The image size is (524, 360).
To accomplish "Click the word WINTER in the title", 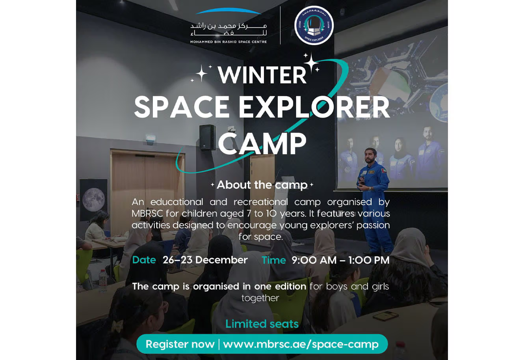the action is (262, 75).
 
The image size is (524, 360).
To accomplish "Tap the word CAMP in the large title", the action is (262, 143).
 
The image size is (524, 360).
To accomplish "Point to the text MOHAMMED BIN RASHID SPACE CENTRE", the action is (229, 42).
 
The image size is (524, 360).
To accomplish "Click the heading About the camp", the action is (262, 185).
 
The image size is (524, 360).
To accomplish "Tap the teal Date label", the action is (144, 260).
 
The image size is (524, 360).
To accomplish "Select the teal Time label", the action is (274, 260).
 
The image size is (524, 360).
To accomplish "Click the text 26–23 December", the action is (205, 260).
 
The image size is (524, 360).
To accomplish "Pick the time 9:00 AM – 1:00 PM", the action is (340, 260).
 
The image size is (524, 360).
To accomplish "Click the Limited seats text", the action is (262, 324).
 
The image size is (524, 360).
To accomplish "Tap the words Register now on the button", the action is (180, 344).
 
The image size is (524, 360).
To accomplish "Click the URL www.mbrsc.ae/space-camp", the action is (301, 344).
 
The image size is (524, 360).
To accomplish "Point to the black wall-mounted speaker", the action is (207, 137).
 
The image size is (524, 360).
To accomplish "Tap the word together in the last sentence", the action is (260, 298).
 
